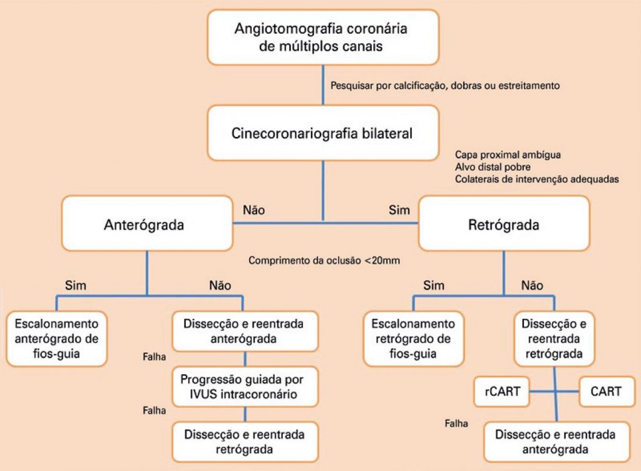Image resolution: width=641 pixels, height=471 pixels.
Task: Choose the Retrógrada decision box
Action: tap(503, 225)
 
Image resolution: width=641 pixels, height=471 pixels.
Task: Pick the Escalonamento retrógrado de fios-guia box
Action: tap(413, 338)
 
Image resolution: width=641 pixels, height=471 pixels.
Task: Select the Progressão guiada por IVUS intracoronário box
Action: tap(245, 387)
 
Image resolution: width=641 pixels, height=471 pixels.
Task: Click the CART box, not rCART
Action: tap(605, 392)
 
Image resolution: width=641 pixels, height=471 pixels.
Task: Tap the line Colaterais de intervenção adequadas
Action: tap(536, 180)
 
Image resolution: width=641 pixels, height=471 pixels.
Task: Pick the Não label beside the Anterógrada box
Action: tap(253, 210)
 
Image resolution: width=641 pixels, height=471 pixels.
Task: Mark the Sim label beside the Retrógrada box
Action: tap(399, 210)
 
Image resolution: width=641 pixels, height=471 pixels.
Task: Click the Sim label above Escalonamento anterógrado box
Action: tap(76, 286)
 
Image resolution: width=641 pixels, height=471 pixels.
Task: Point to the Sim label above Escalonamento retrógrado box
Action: tap(434, 286)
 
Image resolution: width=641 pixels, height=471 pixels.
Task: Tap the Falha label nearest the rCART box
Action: tap(456, 423)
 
